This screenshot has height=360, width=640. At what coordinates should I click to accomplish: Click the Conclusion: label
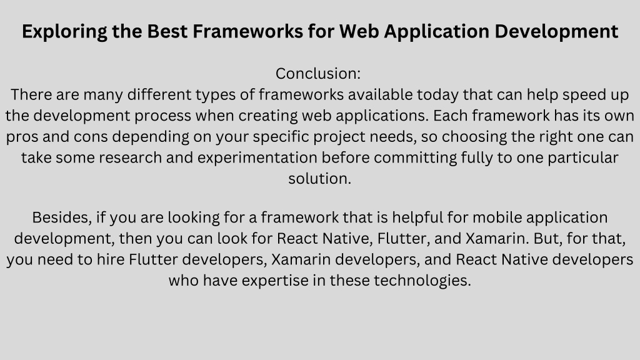pos(318,74)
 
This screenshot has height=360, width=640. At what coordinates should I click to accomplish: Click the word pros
pos(22,137)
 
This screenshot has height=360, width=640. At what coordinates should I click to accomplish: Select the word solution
pos(319,179)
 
